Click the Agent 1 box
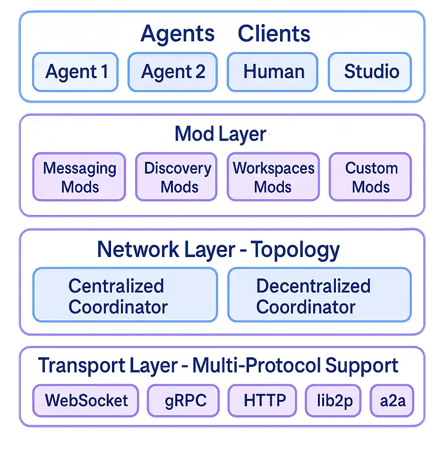(75, 72)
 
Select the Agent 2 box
(172, 72)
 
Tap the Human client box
(272, 72)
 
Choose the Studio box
(370, 72)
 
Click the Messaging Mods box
(79, 177)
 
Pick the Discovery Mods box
(176, 177)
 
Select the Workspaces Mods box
(273, 177)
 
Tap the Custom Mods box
(370, 177)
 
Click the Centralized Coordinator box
(125, 295)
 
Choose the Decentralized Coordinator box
(319, 295)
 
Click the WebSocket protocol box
(86, 400)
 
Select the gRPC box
(184, 400)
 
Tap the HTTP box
(263, 400)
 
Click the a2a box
(392, 400)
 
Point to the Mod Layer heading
(220, 134)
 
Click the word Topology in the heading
(295, 249)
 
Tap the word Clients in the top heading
(274, 34)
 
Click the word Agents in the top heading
(178, 34)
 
